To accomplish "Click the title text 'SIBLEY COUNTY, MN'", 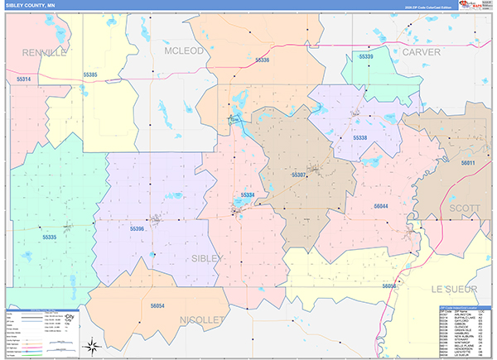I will point(31,5).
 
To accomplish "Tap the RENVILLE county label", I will point(42,52).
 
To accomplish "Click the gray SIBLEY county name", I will point(206,259).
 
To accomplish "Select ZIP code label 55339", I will point(366,56).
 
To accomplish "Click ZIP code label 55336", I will point(262,60).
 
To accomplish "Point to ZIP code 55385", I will point(90,75).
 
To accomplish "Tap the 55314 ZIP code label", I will point(23,79).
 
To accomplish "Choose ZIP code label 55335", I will point(49,238).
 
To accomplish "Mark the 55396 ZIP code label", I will point(137,228).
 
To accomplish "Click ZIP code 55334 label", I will point(247,194).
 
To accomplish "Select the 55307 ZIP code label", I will point(299,175).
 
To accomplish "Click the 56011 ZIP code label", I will point(469,163).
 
